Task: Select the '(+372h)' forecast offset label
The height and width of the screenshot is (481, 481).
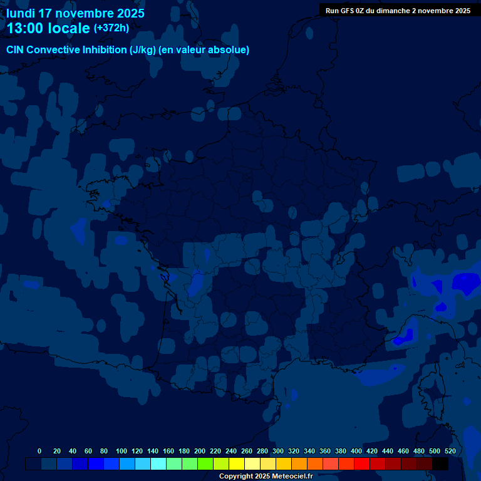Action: click(x=111, y=28)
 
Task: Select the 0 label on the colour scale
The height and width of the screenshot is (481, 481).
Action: click(x=39, y=451)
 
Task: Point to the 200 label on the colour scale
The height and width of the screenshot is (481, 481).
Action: click(x=199, y=451)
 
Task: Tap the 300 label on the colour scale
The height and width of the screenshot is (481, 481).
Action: click(x=278, y=451)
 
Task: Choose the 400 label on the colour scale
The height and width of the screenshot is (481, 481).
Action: click(x=356, y=451)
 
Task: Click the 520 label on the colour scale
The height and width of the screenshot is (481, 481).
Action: click(x=450, y=451)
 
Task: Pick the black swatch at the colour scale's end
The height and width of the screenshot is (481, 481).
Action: click(x=440, y=464)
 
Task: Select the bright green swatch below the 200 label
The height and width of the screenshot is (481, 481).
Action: click(x=205, y=464)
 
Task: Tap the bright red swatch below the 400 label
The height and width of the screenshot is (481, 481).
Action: click(x=362, y=464)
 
